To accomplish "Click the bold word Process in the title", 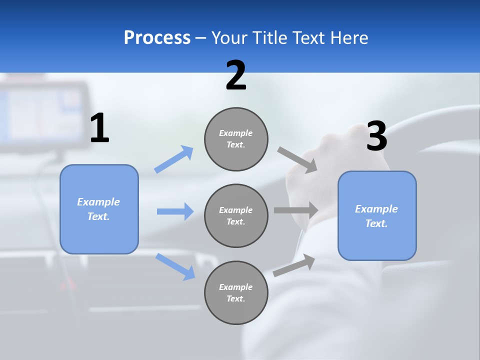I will coord(157,37).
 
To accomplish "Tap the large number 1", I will coord(99,128).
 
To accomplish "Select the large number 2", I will coord(236,75).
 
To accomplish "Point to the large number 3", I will coord(376,136).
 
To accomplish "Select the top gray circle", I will coord(236,139).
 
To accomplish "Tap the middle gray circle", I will coord(236,215).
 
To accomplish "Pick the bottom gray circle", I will coord(236,292).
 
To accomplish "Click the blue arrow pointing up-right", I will coord(174,159).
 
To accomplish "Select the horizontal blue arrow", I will coord(175,211).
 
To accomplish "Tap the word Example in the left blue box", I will coord(98,202).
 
